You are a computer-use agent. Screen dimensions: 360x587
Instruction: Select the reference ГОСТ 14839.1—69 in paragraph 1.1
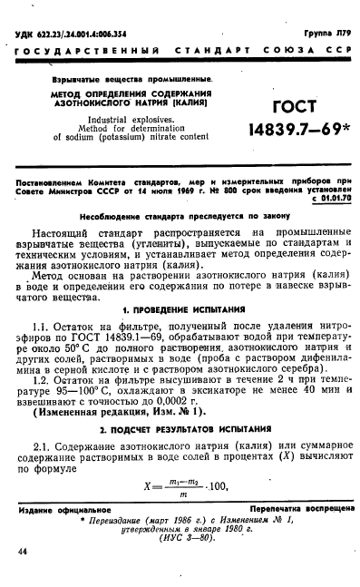click(x=147, y=337)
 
